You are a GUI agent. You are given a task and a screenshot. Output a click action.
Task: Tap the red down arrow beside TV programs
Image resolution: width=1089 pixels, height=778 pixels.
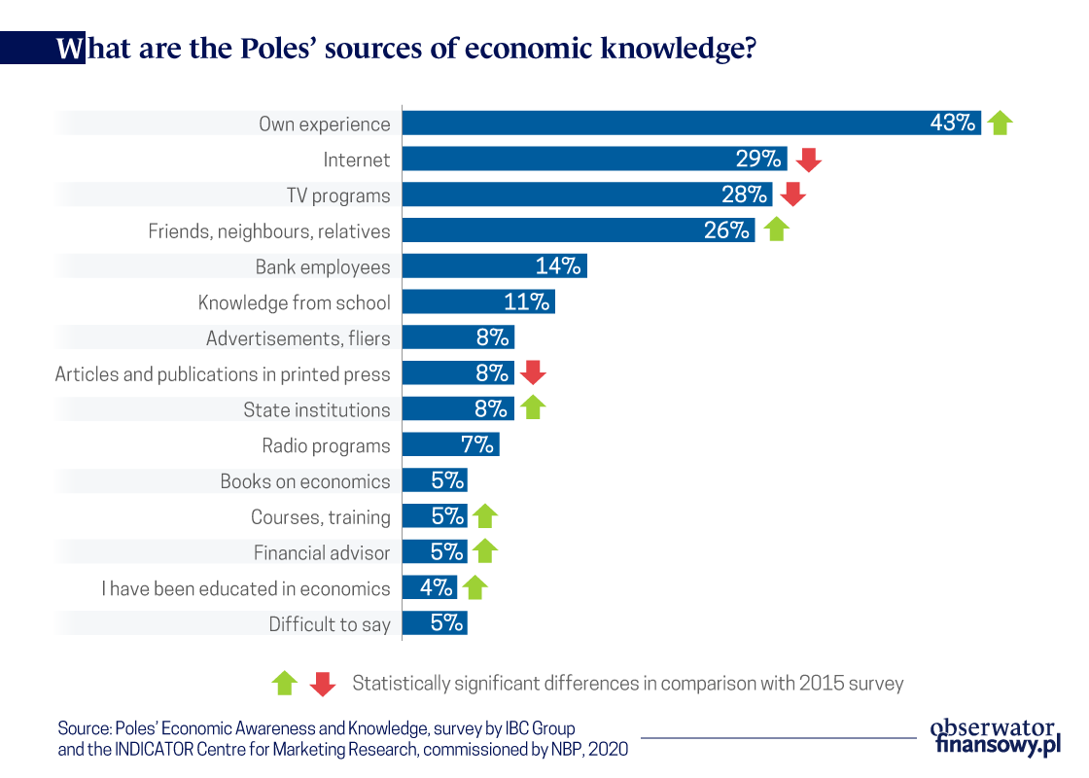[793, 195]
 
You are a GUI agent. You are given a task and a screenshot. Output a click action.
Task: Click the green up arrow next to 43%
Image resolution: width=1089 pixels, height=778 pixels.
[1000, 123]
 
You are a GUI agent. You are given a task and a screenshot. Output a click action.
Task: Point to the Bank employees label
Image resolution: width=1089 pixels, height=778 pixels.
[323, 266]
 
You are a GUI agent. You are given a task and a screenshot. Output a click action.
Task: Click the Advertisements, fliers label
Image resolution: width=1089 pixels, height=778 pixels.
[299, 338]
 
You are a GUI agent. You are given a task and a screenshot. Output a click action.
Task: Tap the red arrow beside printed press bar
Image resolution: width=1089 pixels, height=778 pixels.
[534, 372]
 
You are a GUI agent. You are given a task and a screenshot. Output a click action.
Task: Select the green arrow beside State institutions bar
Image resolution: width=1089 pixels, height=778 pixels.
[533, 408]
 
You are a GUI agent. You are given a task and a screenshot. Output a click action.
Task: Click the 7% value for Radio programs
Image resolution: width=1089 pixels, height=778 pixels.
[478, 445]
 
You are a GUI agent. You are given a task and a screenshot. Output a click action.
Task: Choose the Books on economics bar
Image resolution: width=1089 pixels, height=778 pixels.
[435, 480]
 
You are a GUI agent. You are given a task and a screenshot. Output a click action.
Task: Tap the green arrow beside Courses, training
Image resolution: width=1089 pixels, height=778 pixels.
[484, 516]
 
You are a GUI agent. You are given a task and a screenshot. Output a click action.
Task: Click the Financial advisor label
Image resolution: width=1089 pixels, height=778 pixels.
[322, 552]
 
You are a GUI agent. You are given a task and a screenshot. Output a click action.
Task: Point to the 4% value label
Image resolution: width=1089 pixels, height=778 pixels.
[436, 587]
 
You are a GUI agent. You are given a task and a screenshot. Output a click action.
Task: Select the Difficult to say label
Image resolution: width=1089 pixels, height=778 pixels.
[330, 624]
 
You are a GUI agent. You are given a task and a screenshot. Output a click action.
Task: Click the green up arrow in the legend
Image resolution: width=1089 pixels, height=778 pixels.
[284, 684]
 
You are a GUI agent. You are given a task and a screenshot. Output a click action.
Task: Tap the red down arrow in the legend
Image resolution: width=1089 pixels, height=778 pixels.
[323, 684]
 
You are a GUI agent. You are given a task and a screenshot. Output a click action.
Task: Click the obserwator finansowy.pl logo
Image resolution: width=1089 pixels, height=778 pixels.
[994, 736]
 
